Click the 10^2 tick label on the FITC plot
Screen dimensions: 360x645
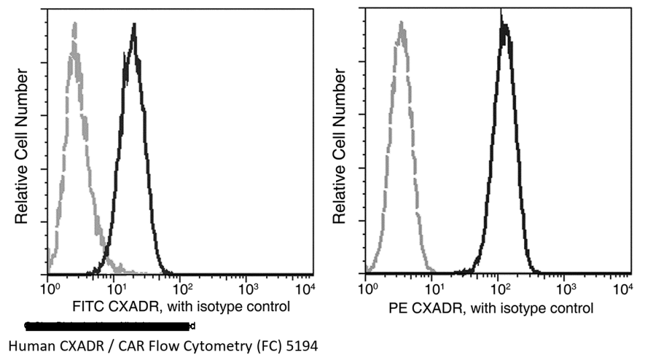click(180, 290)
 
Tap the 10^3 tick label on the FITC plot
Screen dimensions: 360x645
click(246, 290)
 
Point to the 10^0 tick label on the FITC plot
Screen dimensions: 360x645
click(48, 290)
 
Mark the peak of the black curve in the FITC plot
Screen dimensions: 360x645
click(134, 26)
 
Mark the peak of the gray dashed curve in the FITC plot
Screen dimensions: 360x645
click(74, 24)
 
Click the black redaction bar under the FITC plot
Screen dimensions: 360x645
click(107, 326)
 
